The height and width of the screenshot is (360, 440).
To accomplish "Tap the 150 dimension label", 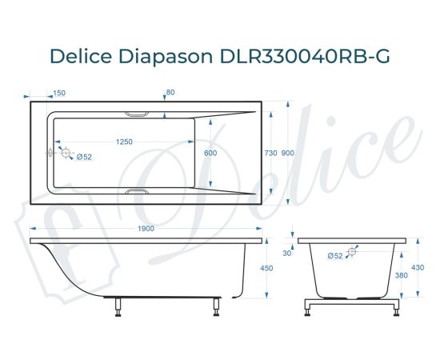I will (x=59, y=93).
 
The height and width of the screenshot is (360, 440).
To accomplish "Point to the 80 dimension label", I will (x=170, y=93).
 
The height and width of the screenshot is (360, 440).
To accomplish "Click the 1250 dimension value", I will (x=124, y=142).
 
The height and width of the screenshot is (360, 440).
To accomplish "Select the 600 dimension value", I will (x=210, y=153).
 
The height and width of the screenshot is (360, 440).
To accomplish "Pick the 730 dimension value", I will (x=270, y=153).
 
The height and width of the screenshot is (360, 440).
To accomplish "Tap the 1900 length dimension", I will (x=146, y=230).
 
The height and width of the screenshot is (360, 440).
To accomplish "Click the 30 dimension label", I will (x=288, y=254).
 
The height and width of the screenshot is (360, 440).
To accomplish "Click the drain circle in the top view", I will (x=66, y=152).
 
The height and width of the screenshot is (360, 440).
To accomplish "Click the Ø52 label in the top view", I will (x=84, y=157).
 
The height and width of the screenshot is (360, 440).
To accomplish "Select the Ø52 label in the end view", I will (x=334, y=255).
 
